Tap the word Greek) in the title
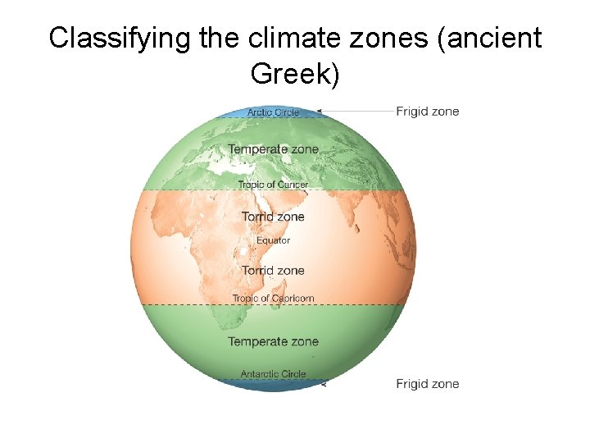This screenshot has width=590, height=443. point(295,75)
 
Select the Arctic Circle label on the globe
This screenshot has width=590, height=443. point(273,112)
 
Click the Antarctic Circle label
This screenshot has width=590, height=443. point(273,374)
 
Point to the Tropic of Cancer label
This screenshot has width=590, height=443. point(273,185)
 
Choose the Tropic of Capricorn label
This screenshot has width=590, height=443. point(273,299)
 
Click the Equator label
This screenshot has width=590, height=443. point(273,240)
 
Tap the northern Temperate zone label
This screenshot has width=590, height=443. point(273,149)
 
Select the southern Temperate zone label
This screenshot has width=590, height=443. point(273,341)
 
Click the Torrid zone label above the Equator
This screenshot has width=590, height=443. point(273,217)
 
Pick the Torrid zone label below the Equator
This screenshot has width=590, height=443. point(273,271)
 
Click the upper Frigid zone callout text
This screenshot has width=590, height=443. point(428,112)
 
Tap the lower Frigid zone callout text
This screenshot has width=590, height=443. point(428,384)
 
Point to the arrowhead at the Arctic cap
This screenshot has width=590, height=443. point(320,111)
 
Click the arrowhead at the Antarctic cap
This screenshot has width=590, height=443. point(324,383)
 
